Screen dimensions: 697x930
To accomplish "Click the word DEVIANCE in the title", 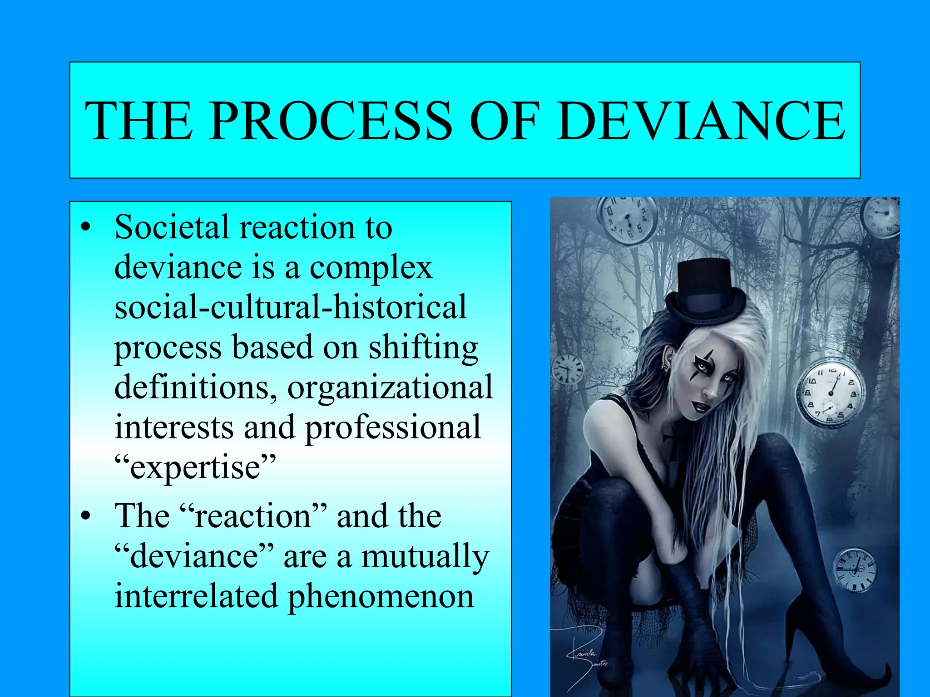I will point(702,121).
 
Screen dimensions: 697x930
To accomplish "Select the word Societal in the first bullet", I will point(172,227).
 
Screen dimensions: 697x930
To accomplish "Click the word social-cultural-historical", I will point(291,307).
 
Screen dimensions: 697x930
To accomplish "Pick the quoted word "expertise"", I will point(195,467).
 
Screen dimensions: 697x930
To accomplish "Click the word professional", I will point(393,427).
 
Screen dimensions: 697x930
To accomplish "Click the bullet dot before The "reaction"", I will point(86,517).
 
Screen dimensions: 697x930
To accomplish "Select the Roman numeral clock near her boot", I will point(856,570).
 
